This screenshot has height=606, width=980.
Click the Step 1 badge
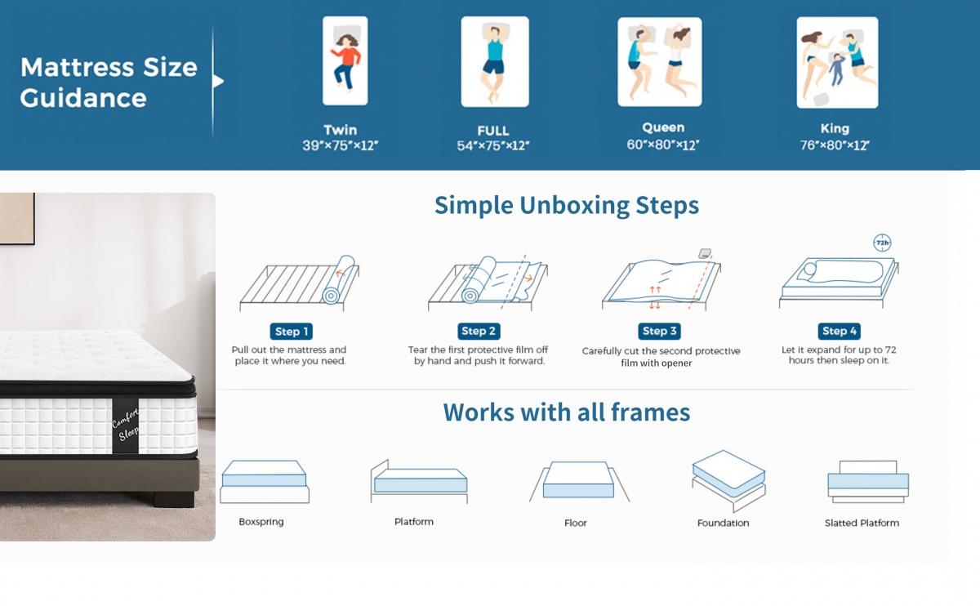[291, 332]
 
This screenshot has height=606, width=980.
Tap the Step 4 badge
[840, 331]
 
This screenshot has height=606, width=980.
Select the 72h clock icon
[882, 243]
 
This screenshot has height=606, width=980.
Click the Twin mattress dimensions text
[340, 145]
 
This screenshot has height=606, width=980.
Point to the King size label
[835, 129]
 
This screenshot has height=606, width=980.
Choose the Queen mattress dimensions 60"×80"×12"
[663, 145]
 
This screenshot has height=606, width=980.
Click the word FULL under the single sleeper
[493, 131]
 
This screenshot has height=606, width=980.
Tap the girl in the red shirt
[346, 61]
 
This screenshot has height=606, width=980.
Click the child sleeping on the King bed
[836, 69]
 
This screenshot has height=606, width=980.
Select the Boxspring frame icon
[265, 482]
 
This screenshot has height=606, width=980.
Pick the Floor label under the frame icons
[575, 523]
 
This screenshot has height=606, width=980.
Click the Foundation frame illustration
[728, 481]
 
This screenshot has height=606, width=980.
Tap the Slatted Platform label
[862, 523]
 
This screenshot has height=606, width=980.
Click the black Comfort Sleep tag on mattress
[125, 426]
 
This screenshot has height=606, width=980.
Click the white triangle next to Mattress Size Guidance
[218, 81]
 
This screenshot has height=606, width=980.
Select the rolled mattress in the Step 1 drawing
[339, 279]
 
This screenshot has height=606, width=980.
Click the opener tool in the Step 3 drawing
[704, 253]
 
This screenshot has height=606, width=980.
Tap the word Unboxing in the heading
[574, 205]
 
